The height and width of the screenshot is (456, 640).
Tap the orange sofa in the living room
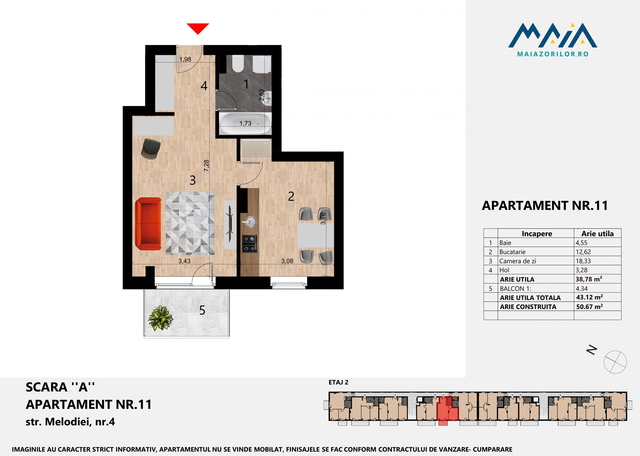[x=148, y=224]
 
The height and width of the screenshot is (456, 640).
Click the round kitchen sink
[x=250, y=222]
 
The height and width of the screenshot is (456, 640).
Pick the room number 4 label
[x=204, y=86]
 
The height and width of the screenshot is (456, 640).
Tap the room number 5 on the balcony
[x=202, y=310]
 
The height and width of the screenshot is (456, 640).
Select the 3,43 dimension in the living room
[x=184, y=261]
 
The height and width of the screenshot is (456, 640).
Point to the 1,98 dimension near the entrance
[x=185, y=59]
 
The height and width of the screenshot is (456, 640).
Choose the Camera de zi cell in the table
[x=517, y=261]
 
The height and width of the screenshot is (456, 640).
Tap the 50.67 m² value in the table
[x=589, y=307]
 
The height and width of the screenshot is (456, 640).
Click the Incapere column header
[x=537, y=234]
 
